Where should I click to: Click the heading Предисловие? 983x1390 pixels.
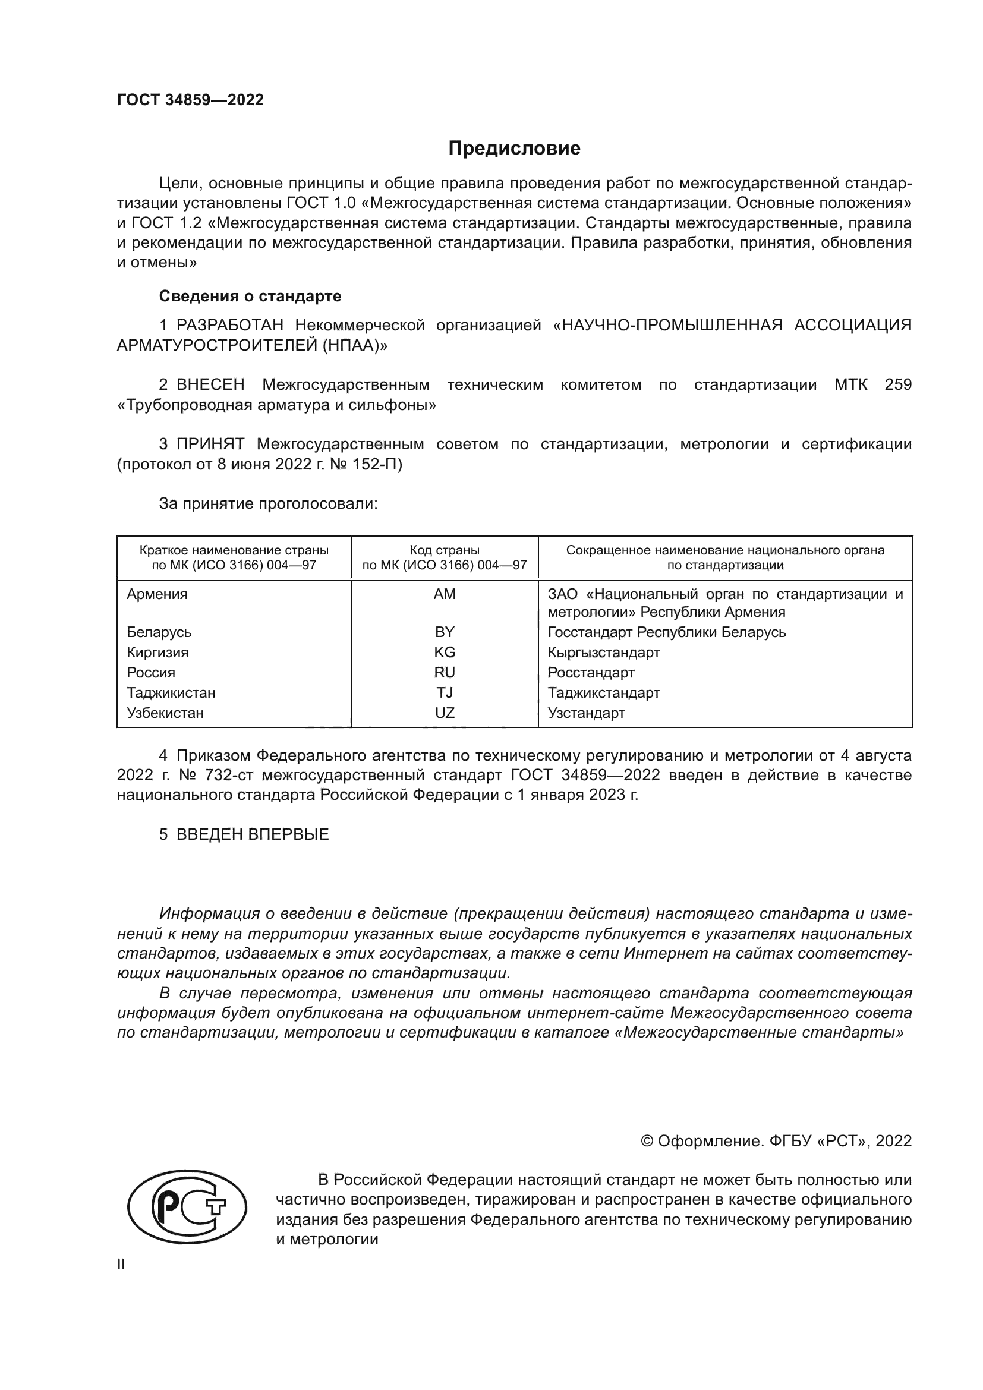(x=514, y=149)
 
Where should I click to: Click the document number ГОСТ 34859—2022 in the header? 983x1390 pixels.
(x=190, y=100)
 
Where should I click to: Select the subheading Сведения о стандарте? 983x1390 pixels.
(x=250, y=296)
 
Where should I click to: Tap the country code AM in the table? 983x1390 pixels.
(x=445, y=594)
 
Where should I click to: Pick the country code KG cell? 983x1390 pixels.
(x=445, y=652)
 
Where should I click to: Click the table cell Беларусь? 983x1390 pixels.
(x=159, y=632)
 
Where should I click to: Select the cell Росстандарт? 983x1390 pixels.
(x=591, y=673)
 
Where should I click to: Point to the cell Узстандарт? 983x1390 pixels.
(x=586, y=713)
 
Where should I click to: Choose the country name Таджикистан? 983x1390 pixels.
(x=171, y=692)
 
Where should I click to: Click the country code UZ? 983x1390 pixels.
(x=445, y=713)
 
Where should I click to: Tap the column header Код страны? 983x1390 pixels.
(x=445, y=550)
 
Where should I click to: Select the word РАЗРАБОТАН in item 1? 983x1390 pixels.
(x=226, y=326)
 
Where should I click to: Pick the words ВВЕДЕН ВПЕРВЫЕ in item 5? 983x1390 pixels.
(x=253, y=834)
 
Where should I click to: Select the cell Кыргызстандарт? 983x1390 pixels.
(x=603, y=652)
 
